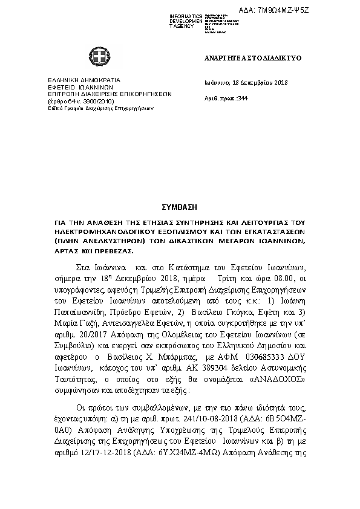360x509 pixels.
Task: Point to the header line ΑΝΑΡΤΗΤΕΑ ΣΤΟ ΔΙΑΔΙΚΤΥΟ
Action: pos(253,58)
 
